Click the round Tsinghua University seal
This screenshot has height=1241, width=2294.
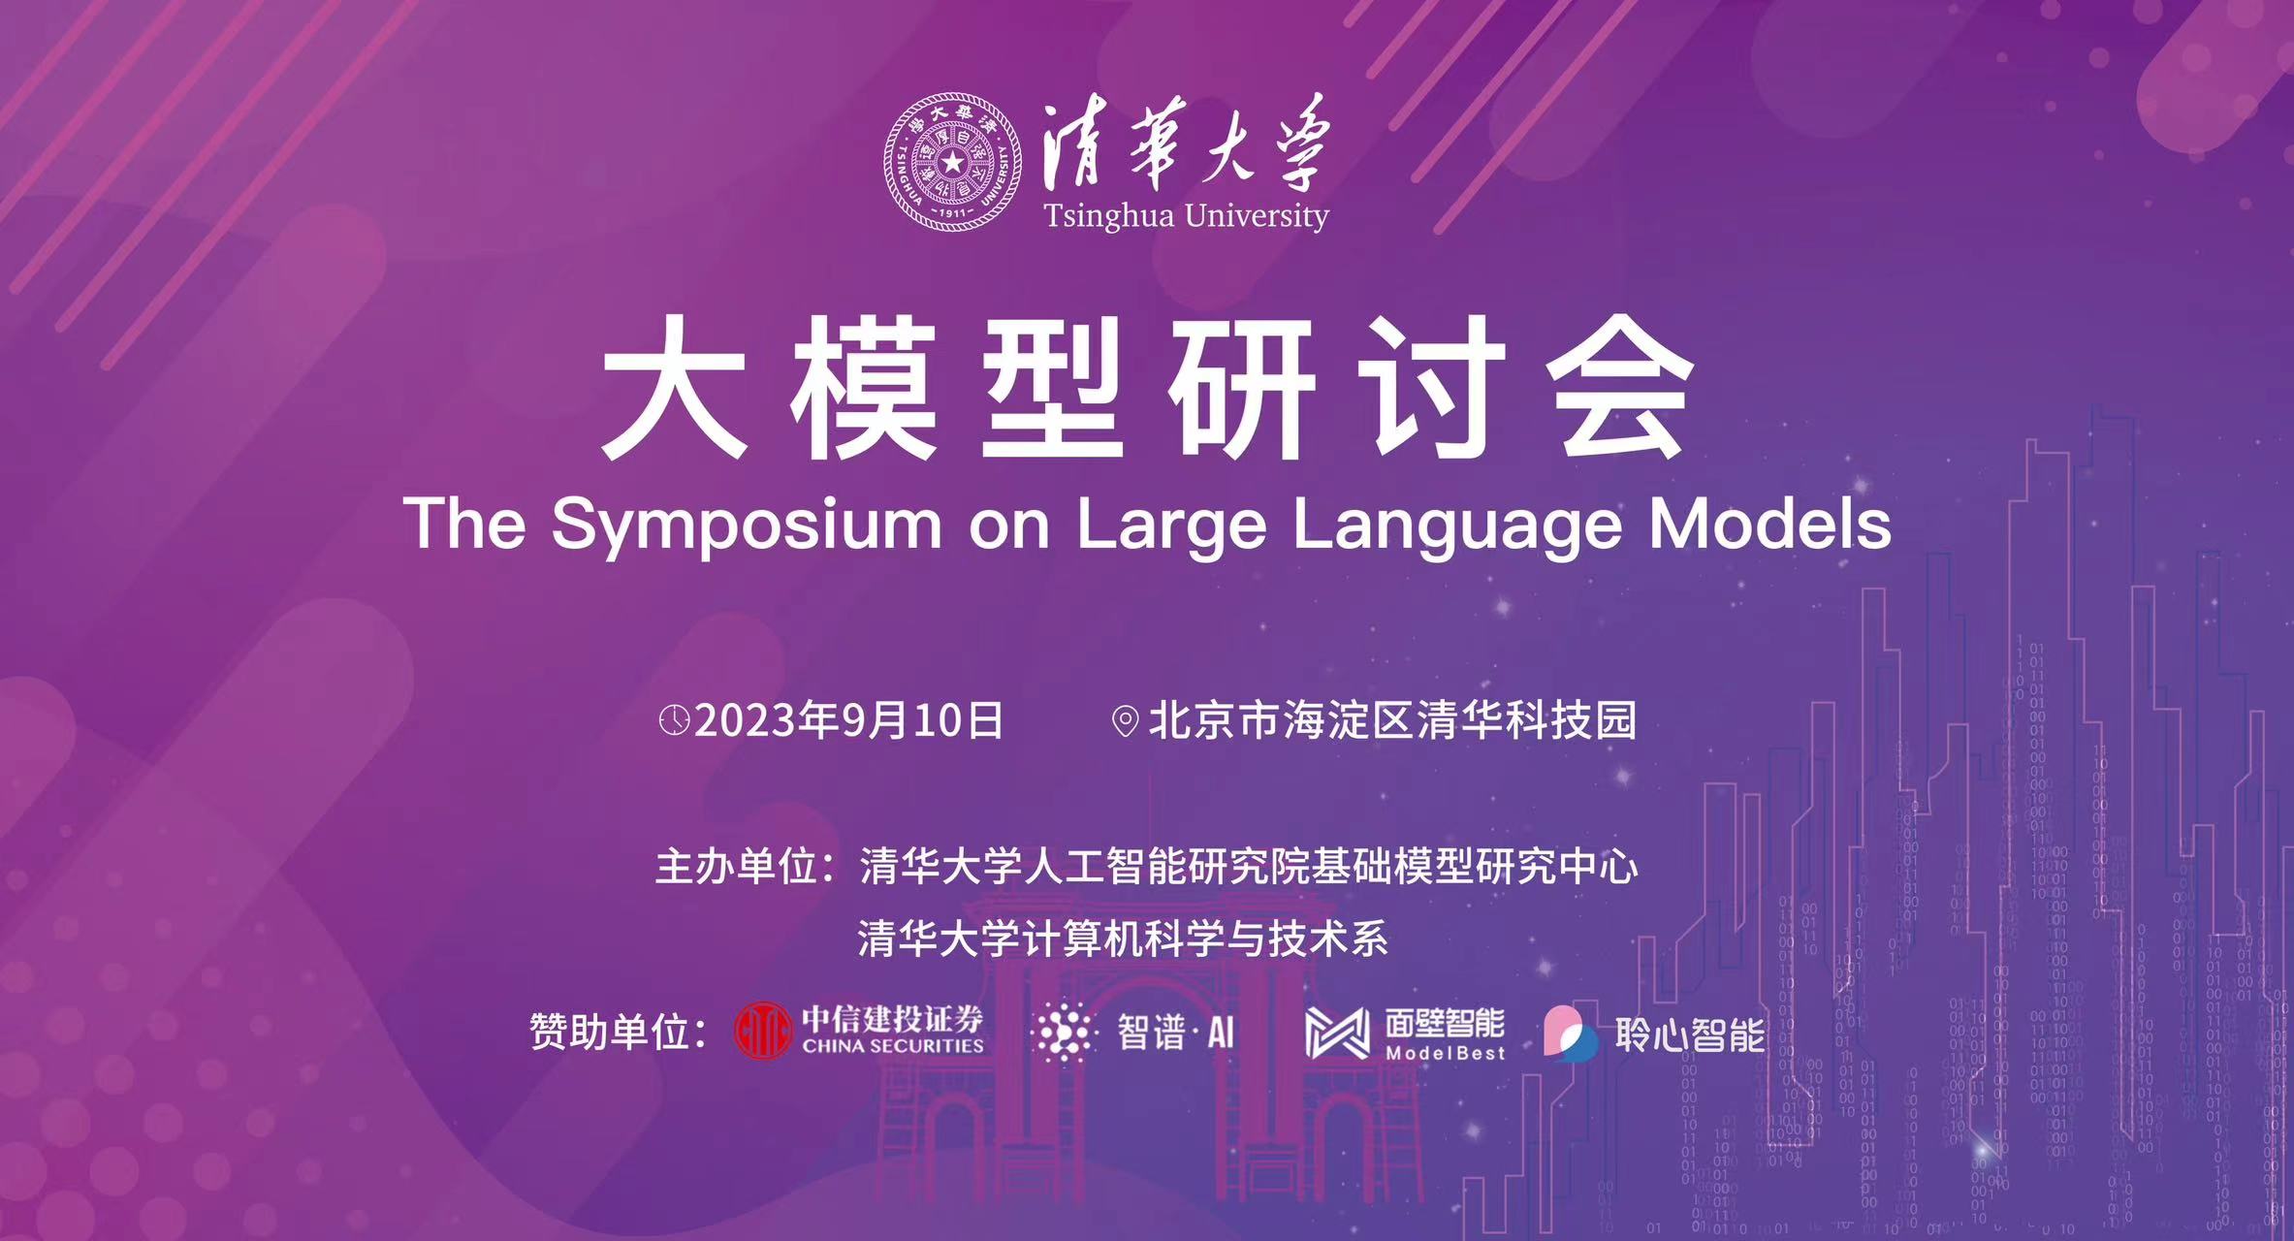coord(953,162)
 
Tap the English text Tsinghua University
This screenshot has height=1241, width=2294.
coord(1186,215)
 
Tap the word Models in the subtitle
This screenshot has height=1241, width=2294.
coord(1770,524)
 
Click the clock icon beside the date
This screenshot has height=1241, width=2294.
coord(674,720)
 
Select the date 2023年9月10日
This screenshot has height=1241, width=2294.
coord(848,720)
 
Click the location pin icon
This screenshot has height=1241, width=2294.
coord(1125,721)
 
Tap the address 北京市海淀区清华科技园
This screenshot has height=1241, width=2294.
coord(1392,720)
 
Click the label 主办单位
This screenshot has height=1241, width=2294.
coord(737,866)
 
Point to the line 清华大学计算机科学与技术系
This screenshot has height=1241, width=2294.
coord(1123,939)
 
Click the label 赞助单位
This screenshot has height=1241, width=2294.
coord(611,1032)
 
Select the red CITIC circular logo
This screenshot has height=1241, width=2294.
coord(763,1031)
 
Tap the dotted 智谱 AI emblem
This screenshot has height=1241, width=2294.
coord(1065,1032)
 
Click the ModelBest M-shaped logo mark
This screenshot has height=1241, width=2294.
coord(1337,1033)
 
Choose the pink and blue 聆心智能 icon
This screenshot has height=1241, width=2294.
coord(1571,1032)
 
